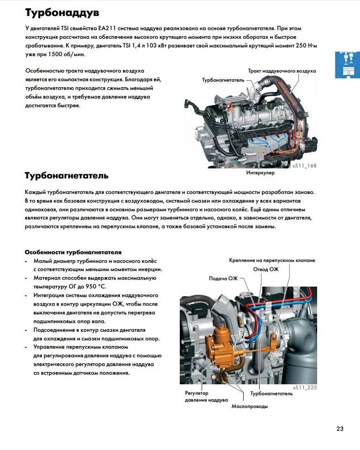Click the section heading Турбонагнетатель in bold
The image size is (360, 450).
66,175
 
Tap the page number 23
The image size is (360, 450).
340,429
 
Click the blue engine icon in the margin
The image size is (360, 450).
347,65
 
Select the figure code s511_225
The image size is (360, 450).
305,387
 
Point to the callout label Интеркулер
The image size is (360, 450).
261,173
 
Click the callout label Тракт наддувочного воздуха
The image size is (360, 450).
282,71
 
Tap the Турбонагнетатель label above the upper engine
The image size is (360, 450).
223,80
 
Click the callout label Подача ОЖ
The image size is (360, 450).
224,278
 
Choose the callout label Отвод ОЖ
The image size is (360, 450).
266,269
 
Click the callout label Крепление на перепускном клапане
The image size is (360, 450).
272,260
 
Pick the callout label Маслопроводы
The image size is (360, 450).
249,406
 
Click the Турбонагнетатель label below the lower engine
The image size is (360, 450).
271,393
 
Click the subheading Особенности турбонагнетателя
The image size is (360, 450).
73,252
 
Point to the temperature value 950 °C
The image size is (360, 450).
89,287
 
